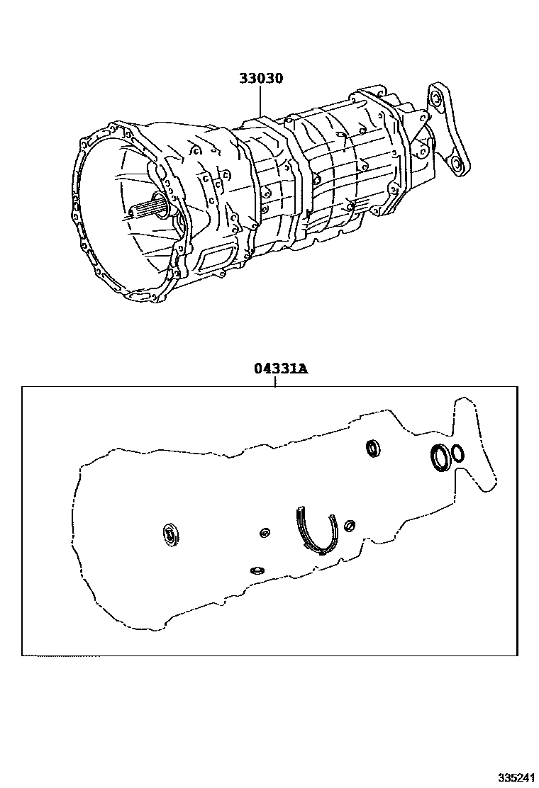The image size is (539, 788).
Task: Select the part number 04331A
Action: click(x=281, y=370)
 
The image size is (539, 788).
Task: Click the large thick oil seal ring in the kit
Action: click(x=440, y=456)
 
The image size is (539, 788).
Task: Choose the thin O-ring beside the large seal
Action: click(x=458, y=453)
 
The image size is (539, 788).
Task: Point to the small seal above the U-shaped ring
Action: click(x=373, y=448)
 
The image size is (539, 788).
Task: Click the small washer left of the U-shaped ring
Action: click(x=265, y=533)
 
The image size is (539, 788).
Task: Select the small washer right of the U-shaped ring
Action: click(x=349, y=525)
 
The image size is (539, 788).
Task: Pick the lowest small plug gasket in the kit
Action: click(x=257, y=569)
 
